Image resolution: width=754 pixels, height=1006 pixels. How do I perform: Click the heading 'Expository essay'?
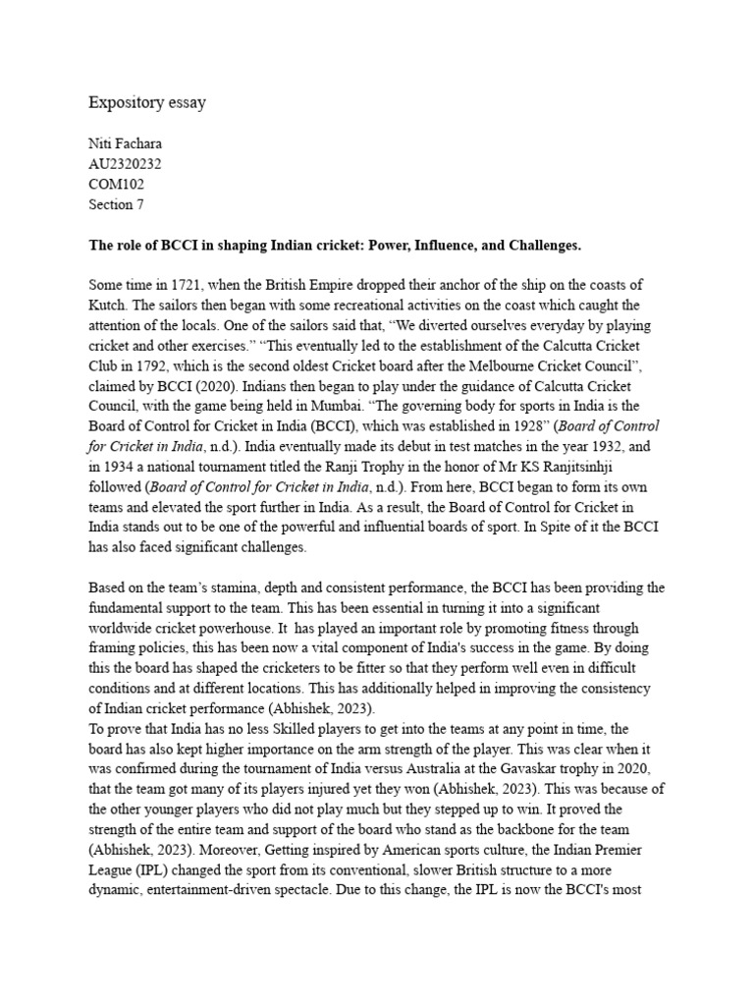[147, 102]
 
